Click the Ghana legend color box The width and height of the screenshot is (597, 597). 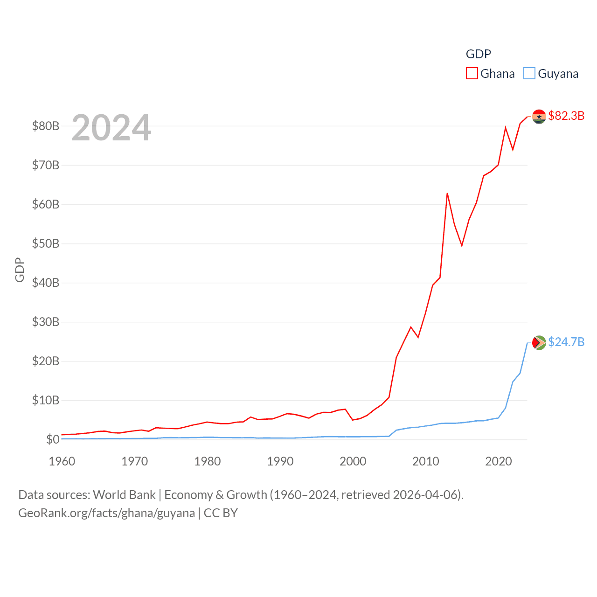click(472, 74)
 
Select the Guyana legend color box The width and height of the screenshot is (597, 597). click(529, 74)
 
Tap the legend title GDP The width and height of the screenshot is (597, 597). click(478, 54)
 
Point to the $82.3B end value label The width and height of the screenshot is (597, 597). click(566, 116)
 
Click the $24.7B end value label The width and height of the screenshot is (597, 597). click(566, 342)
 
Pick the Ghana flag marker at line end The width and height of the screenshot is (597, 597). click(539, 117)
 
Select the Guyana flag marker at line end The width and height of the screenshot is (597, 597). click(539, 343)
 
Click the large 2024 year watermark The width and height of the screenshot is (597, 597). click(111, 127)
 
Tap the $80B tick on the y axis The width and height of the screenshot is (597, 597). click(45, 126)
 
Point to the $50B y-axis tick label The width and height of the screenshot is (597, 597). click(45, 243)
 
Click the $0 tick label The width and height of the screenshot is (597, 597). click(52, 439)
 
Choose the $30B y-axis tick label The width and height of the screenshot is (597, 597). click(45, 322)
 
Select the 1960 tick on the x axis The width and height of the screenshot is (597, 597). click(62, 461)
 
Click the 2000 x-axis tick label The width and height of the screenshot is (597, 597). click(353, 461)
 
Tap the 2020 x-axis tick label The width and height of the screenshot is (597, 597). click(499, 461)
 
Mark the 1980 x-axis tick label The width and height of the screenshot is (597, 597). click(208, 461)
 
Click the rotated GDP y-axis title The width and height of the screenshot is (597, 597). click(20, 270)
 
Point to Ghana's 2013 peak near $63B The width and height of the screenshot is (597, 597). click(447, 194)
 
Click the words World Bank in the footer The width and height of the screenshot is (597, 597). click(124, 494)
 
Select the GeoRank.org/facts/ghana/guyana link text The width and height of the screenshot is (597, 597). click(106, 513)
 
